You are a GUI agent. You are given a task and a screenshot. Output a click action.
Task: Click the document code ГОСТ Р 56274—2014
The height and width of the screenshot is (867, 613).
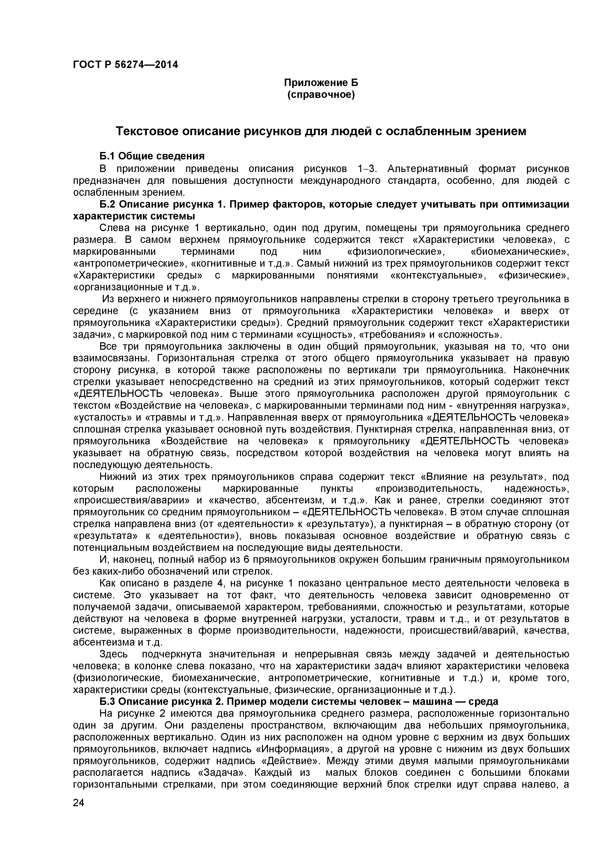pos(125,65)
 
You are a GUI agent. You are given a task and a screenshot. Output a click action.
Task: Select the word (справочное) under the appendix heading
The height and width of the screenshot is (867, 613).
pos(321,94)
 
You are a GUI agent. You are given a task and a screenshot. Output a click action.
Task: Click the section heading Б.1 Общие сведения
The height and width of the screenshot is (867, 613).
pos(152,156)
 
